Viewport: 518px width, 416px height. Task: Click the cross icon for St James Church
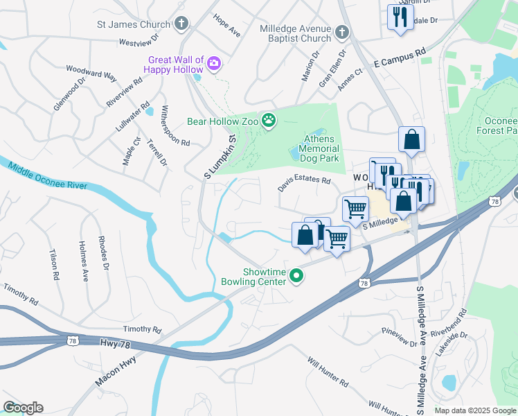181,25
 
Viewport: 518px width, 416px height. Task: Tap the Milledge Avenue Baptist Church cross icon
341,33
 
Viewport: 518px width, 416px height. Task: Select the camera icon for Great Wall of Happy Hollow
214,64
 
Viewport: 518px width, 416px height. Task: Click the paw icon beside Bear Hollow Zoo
268,122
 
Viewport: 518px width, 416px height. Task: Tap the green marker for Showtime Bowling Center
297,277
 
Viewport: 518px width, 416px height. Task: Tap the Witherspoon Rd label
176,125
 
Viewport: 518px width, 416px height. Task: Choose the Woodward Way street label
91,73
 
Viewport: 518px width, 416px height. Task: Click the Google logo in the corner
23,408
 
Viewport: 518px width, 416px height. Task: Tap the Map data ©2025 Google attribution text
474,410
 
